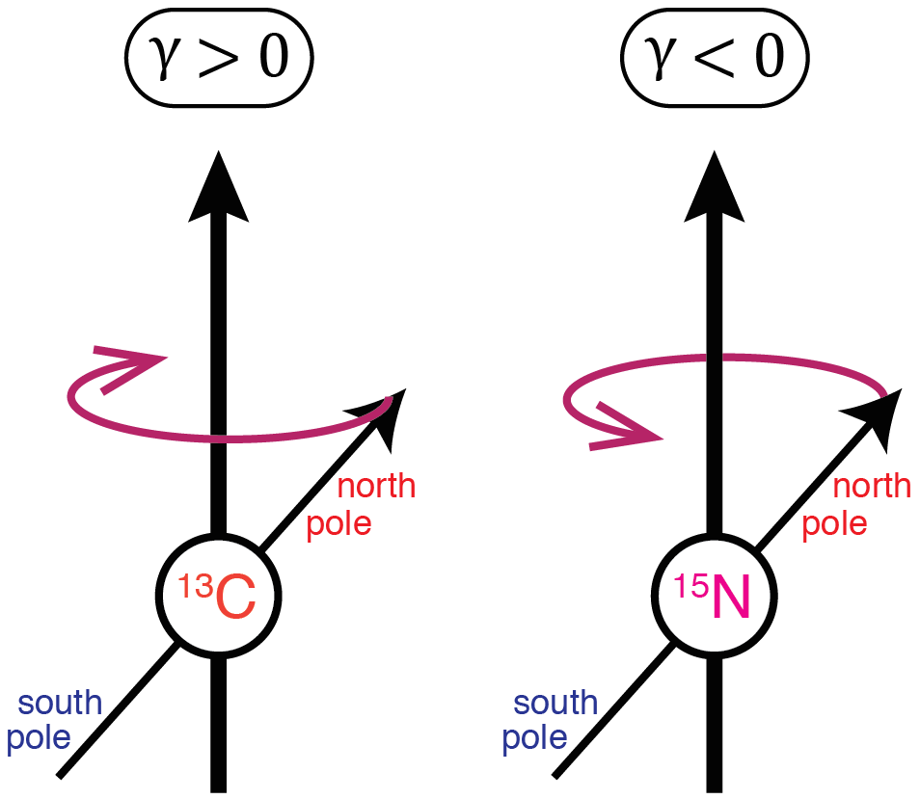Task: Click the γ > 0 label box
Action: [x=219, y=58]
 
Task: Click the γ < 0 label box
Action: [x=715, y=58]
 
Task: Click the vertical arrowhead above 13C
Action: [x=218, y=188]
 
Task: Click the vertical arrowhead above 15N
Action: [x=714, y=188]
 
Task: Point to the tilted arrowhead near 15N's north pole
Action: [x=879, y=415]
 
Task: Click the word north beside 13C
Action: [x=377, y=487]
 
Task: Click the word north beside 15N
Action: [x=873, y=487]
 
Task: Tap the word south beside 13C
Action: [x=60, y=703]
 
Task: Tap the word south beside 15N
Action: [x=555, y=703]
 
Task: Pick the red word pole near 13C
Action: [x=339, y=524]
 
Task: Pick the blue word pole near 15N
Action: [x=534, y=738]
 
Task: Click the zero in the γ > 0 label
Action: [x=274, y=56]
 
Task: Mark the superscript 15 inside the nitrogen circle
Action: [x=691, y=586]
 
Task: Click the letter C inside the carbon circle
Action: [x=236, y=598]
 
